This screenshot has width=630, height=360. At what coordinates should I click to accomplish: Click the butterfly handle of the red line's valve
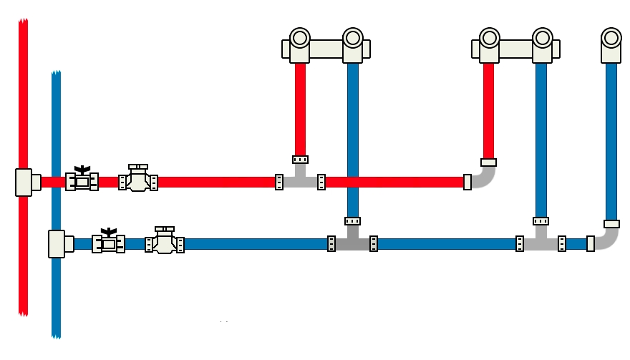click(82, 170)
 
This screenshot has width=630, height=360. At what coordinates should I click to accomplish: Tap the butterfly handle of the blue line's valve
click(108, 232)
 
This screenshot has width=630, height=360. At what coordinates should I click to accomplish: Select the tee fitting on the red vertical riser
click(24, 182)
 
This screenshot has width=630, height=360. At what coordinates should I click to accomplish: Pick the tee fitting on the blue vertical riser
click(57, 243)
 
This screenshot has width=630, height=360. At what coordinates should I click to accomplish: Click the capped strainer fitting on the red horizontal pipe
click(138, 179)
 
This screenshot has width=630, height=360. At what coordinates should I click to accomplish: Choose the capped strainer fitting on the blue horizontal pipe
click(165, 241)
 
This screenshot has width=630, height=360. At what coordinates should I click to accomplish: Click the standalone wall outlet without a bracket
click(611, 38)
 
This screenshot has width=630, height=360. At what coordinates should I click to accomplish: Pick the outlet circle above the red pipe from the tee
click(300, 37)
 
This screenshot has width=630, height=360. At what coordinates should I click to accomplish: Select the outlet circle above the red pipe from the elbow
click(489, 37)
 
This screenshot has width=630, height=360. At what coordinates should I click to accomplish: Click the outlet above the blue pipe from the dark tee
click(353, 37)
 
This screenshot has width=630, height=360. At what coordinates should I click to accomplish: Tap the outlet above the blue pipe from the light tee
click(543, 37)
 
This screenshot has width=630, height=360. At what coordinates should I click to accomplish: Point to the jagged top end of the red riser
click(23, 22)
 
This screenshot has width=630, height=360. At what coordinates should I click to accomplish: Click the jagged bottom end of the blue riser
click(56, 335)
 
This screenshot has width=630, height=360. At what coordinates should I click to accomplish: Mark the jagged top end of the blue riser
click(56, 74)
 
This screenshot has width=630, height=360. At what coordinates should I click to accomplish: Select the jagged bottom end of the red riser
click(23, 313)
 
